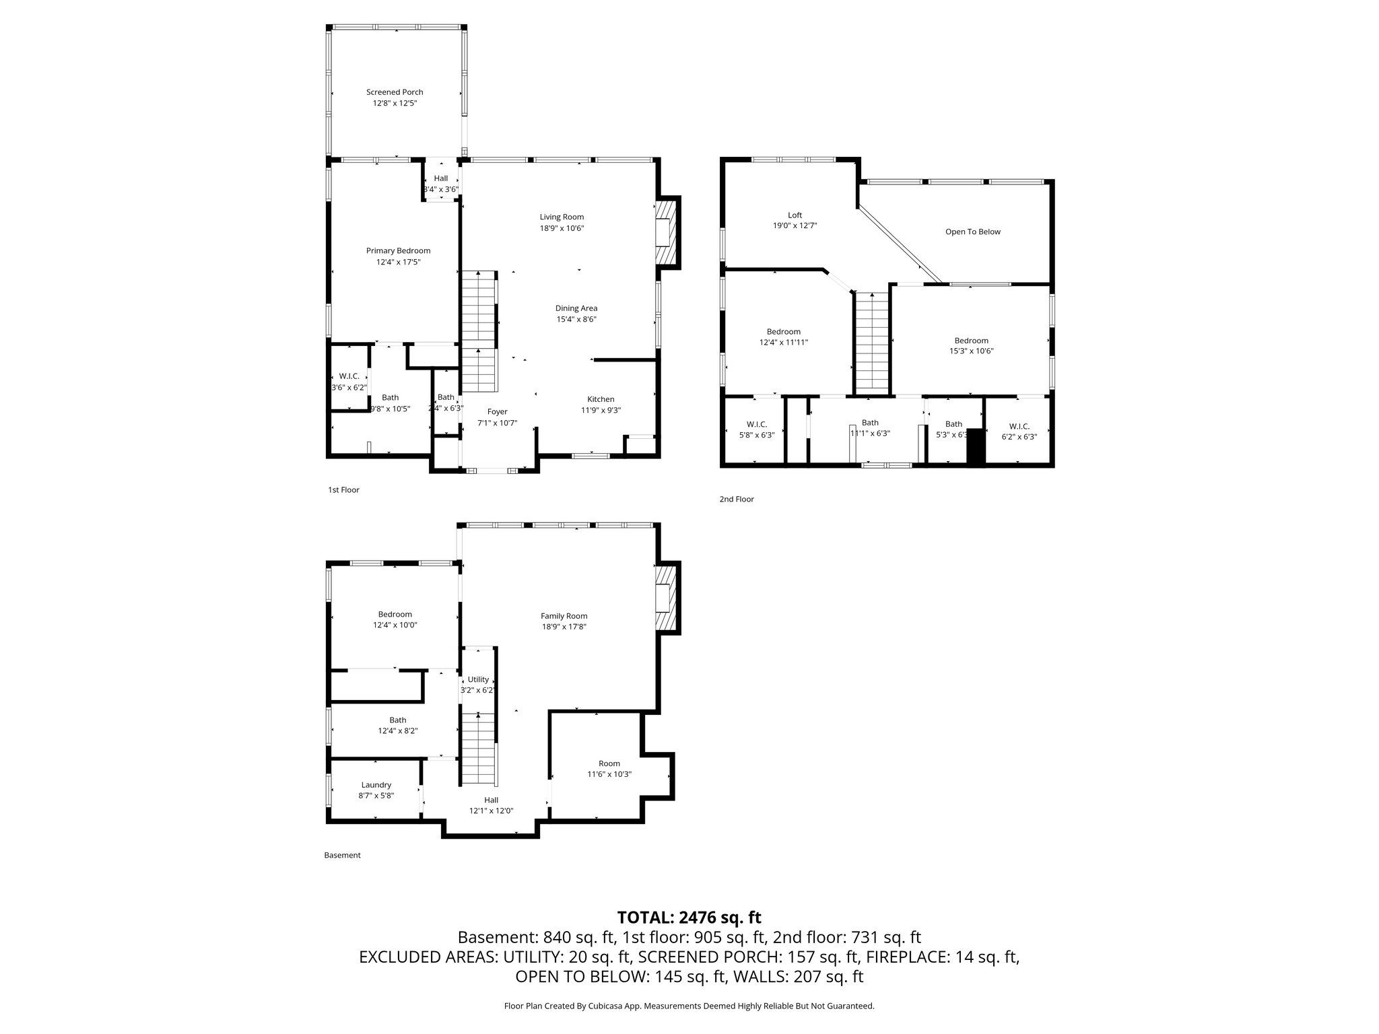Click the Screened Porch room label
395,92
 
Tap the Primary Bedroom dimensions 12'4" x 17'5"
398,262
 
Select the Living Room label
562,217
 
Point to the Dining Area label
576,308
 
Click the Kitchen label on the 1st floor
601,399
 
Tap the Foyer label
497,412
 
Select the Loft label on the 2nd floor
795,215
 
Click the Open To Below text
972,232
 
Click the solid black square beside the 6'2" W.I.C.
976,446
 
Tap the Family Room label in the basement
564,616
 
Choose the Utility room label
478,679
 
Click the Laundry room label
376,785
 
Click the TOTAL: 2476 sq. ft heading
689,917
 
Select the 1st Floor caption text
343,490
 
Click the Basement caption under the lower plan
342,856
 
